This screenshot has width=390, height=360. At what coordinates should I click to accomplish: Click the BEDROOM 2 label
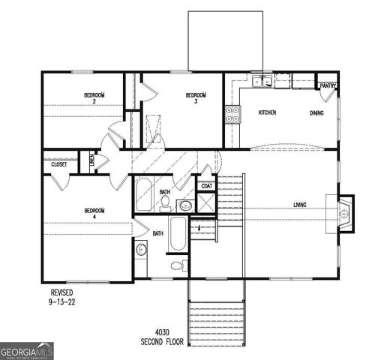tap(94, 97)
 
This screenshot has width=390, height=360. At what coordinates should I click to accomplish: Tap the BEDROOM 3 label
tap(196, 97)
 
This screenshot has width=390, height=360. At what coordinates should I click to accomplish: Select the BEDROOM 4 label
tap(94, 214)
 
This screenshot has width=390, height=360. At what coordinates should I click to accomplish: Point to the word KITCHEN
tap(268, 112)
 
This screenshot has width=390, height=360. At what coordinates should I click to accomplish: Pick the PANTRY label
tap(328, 86)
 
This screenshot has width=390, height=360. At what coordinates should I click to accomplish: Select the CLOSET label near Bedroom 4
tap(58, 164)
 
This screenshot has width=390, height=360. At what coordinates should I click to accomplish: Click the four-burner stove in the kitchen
tap(232, 113)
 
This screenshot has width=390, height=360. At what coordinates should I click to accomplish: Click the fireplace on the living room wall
tap(345, 214)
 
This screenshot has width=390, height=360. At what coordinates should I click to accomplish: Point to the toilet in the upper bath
tap(164, 201)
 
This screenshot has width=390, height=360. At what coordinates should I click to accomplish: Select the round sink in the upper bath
tap(185, 204)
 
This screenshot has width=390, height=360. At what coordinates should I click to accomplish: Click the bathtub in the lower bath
tap(178, 235)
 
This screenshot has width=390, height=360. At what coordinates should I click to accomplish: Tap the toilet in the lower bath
tap(177, 265)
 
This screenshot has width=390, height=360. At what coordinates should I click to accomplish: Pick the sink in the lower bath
tap(140, 250)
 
